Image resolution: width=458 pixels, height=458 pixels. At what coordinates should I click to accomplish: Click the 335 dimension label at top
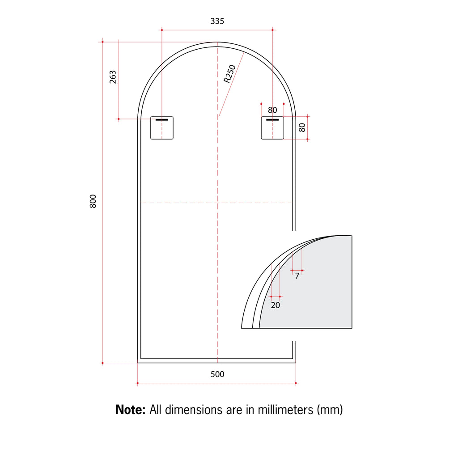click(217, 21)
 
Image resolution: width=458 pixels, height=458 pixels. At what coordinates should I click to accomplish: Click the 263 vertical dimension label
click(113, 77)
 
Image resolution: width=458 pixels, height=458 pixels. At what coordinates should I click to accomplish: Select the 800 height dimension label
click(93, 202)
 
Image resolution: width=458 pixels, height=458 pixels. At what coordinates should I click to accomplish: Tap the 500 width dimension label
click(217, 374)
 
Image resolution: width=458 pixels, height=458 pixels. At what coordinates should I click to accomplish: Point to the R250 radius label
click(229, 74)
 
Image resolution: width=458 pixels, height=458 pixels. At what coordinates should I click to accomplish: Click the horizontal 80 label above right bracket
click(272, 110)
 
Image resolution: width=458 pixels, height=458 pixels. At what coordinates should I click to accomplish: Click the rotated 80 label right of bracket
click(302, 127)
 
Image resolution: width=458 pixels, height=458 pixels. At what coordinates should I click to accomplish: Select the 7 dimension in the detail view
click(297, 276)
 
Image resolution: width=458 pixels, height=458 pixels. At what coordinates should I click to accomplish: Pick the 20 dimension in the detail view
click(276, 305)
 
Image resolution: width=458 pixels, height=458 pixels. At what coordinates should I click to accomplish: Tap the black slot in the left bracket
click(161, 120)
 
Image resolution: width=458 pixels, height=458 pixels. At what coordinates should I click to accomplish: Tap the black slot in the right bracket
click(272, 120)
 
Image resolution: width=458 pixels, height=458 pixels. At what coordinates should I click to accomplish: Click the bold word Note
click(130, 409)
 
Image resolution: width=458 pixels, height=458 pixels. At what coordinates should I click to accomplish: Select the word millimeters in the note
click(284, 409)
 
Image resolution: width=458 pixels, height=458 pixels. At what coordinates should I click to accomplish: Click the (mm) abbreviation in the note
click(330, 409)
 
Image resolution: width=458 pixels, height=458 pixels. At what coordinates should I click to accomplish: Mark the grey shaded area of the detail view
click(318, 291)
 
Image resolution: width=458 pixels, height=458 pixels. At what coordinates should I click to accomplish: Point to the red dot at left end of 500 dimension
click(137, 383)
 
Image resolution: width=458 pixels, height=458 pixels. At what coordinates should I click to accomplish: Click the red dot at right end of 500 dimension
click(296, 383)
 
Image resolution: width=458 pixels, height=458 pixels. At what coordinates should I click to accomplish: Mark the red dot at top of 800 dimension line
click(102, 42)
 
